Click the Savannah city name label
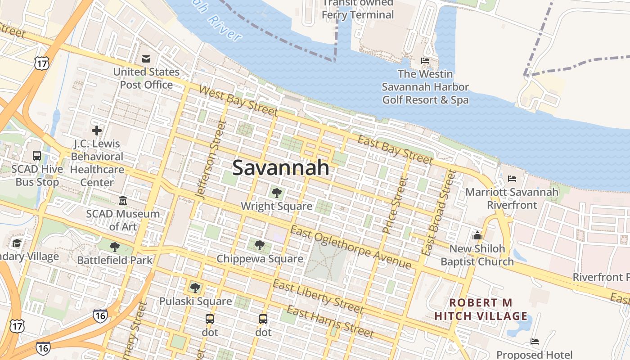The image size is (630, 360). [x=281, y=168]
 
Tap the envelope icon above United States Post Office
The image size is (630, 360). [x=146, y=59]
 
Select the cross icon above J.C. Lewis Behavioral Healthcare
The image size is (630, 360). [x=96, y=131]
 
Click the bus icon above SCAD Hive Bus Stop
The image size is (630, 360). [x=37, y=156]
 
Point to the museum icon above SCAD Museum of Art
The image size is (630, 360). [x=123, y=200]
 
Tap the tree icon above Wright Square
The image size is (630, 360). [x=276, y=193]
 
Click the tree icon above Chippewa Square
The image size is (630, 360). [x=260, y=245]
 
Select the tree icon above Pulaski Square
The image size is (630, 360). [x=195, y=288]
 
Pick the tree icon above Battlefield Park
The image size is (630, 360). [x=115, y=247]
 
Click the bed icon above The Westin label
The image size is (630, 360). [x=425, y=61]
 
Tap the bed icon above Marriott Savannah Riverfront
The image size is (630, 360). [x=512, y=179]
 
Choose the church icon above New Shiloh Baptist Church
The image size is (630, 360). [x=477, y=235]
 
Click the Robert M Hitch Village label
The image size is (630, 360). [x=481, y=309]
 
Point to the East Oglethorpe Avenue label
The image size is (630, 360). [x=351, y=248]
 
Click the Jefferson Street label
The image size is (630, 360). [x=210, y=159]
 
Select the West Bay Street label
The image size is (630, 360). [x=238, y=101]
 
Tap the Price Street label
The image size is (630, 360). [x=395, y=205]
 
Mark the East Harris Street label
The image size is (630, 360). [x=330, y=322]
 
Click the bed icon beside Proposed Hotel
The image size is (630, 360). [x=535, y=342]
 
